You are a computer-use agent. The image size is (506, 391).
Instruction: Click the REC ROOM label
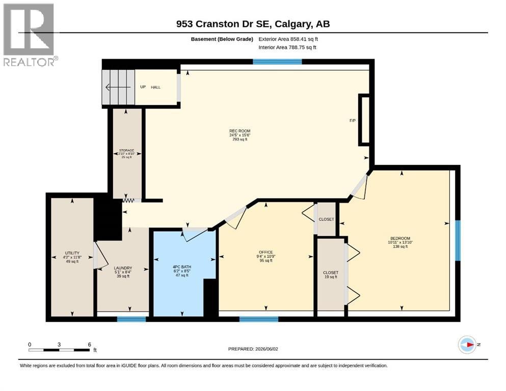[x=240, y=131]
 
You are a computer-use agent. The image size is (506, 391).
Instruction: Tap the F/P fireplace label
[x=353, y=121]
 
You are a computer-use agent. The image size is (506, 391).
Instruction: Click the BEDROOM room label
[x=400, y=238]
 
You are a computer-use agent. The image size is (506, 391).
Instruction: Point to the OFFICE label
[x=266, y=252]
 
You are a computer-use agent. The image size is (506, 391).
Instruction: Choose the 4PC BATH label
[x=182, y=267]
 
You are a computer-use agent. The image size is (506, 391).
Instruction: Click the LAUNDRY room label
[x=123, y=268]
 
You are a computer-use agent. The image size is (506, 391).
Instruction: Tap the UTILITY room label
[x=72, y=253]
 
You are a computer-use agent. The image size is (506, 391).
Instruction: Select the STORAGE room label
[x=126, y=150]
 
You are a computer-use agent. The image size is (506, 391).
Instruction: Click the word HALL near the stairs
[x=155, y=87]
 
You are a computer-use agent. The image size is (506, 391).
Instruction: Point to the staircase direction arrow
[x=118, y=87]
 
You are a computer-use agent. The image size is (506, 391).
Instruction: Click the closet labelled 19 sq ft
[x=331, y=274]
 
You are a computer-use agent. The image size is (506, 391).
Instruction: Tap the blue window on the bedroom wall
[x=458, y=240]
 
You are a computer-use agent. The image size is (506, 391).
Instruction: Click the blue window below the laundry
[x=131, y=319]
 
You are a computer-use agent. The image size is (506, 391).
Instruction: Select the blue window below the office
[x=259, y=319]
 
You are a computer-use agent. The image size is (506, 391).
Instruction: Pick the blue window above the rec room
[x=277, y=62]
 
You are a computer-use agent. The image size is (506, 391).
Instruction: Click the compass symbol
[x=467, y=345]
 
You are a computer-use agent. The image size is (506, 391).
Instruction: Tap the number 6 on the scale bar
[x=89, y=344]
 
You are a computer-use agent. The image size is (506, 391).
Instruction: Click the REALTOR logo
[x=31, y=35]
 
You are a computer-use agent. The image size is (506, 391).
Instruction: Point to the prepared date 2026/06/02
[x=267, y=349]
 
